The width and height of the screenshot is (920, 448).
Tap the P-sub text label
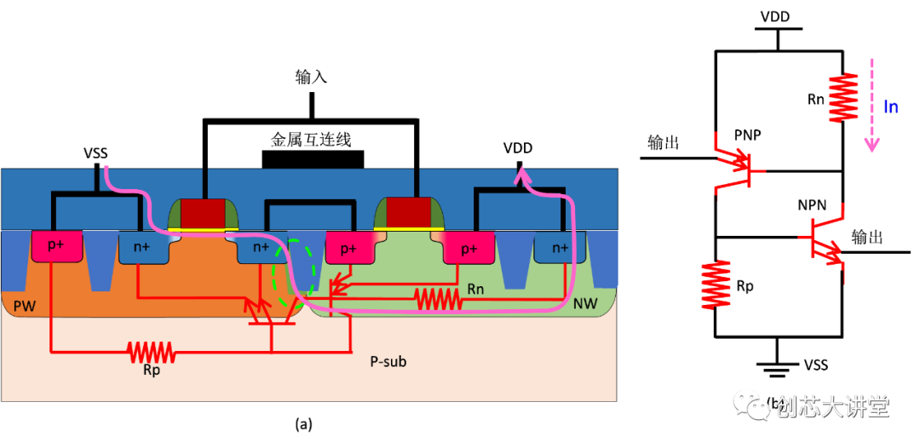click(388, 361)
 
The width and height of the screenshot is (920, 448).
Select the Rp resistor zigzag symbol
click(150, 351)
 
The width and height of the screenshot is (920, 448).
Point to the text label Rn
click(475, 290)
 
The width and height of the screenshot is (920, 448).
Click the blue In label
click(890, 107)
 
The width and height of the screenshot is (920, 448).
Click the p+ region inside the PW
click(55, 246)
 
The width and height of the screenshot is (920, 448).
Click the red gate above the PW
click(202, 211)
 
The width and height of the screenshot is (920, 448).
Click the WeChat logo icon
click(752, 405)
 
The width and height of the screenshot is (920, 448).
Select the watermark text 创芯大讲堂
click(831, 407)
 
